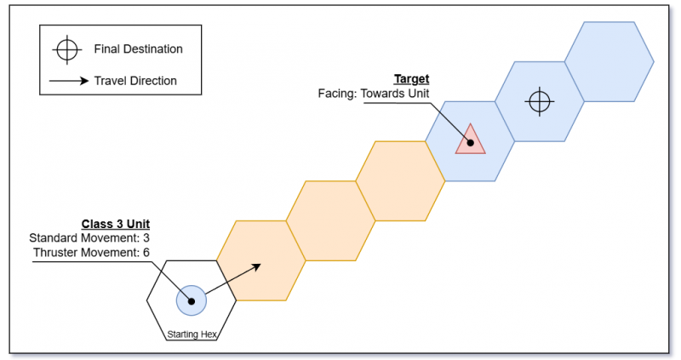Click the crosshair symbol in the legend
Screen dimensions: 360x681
pos(66,50)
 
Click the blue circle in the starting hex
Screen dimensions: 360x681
pos(191,300)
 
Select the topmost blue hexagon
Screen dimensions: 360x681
pos(609,60)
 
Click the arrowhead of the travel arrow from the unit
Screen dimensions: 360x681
pos(259,266)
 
